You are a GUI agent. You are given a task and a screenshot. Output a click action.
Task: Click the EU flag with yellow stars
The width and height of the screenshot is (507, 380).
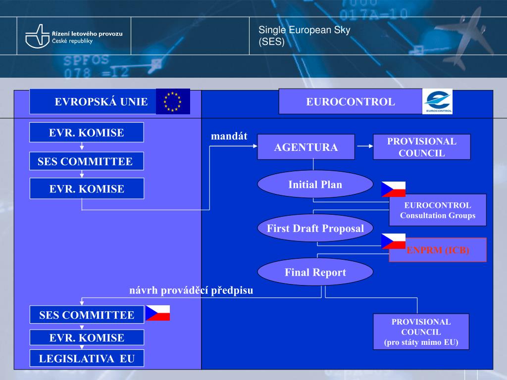point(173,101)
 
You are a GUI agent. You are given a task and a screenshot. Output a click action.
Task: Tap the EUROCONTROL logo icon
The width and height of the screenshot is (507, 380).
point(437,101)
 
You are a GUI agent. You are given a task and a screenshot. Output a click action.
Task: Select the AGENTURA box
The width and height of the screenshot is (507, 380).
point(306,147)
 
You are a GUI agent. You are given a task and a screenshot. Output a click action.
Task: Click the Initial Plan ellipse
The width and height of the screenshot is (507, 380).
point(315,185)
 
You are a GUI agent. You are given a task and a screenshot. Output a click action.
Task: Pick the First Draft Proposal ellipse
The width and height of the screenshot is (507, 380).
point(315,228)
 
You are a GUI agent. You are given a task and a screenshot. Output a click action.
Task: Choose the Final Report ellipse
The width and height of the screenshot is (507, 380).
point(315,272)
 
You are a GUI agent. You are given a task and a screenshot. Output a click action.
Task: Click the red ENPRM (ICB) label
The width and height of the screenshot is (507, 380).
point(438,250)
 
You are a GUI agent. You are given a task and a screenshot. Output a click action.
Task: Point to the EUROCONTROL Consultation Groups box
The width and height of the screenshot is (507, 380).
point(438,210)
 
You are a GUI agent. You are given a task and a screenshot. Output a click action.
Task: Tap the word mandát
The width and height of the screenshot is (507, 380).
point(229,136)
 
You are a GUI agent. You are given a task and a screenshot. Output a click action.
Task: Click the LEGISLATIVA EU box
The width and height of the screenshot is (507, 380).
point(87,359)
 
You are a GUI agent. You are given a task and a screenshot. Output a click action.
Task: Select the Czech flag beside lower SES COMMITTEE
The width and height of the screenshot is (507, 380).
point(157,313)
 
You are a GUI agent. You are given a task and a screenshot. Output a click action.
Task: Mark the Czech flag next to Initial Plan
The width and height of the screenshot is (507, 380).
point(393,189)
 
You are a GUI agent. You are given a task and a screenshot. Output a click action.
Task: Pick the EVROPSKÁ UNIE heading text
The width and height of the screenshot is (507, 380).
point(101,102)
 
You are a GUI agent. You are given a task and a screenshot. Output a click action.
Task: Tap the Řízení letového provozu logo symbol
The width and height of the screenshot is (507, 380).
point(37,36)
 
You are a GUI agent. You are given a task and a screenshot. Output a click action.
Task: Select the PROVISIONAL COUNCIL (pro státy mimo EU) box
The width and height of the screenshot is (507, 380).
point(421,332)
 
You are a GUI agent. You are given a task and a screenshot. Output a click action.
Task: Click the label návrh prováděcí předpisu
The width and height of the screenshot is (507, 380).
point(191,290)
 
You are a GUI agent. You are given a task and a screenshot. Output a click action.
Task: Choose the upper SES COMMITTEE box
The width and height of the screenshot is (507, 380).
point(85,161)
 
